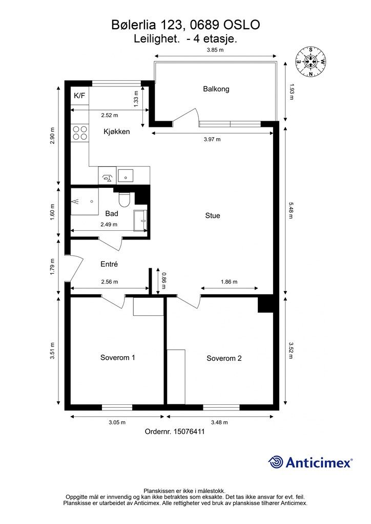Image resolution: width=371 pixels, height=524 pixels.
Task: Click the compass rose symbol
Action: pyautogui.click(x=311, y=62)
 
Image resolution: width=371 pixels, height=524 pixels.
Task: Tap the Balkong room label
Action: pyautogui.click(x=216, y=89)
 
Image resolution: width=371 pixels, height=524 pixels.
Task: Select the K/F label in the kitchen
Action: pyautogui.click(x=79, y=96)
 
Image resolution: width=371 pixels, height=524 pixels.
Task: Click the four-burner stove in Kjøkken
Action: pyautogui.click(x=80, y=133)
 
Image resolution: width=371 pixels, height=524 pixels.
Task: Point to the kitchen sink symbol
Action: pyautogui.click(x=126, y=176)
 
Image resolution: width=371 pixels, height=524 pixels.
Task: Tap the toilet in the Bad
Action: pyautogui.click(x=124, y=200)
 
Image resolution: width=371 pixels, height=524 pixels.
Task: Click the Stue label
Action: pyautogui.click(x=213, y=215)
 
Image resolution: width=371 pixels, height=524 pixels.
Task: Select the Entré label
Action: pyautogui.click(x=109, y=264)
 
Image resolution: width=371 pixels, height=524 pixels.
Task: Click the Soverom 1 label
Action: pyautogui.click(x=118, y=358)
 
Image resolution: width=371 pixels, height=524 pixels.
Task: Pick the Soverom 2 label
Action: pyautogui.click(x=224, y=358)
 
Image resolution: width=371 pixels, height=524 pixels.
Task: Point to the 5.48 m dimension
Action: pyautogui.click(x=291, y=209)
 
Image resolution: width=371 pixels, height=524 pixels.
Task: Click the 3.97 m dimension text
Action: pyautogui.click(x=212, y=139)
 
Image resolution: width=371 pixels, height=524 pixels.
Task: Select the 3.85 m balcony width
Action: pyautogui.click(x=215, y=50)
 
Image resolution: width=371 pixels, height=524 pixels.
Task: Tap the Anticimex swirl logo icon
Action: pyautogui.click(x=276, y=463)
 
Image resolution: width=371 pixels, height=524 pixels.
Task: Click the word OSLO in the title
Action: pyautogui.click(x=241, y=25)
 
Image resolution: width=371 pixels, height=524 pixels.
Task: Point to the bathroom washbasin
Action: pyautogui.click(x=140, y=221)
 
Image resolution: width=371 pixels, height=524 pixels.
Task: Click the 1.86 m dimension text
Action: pyautogui.click(x=229, y=282)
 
